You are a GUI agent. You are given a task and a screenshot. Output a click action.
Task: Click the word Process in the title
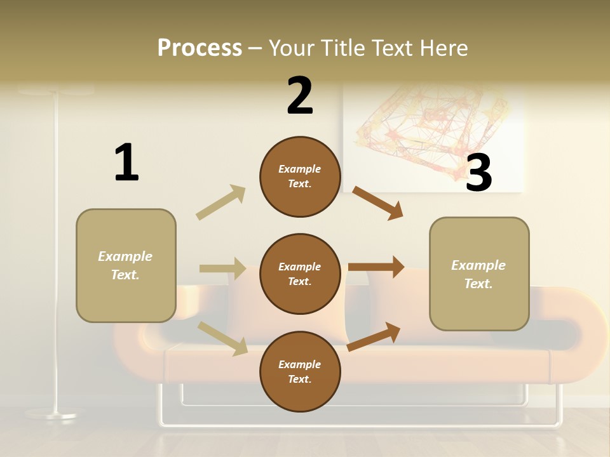point(200,48)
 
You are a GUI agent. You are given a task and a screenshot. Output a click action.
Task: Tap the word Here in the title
point(442,48)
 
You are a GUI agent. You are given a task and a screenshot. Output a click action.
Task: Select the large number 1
point(126,162)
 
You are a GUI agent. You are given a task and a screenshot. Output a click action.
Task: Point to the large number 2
point(300,96)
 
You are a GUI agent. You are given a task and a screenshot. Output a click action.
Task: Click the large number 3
point(479,173)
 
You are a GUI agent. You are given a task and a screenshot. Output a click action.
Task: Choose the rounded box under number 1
point(126,265)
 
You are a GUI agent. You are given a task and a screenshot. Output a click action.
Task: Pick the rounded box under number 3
point(479,274)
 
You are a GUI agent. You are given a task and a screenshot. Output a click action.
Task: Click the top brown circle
point(300,176)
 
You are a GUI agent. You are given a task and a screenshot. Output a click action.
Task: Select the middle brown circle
point(300,274)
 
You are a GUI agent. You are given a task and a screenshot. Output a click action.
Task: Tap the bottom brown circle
point(300,372)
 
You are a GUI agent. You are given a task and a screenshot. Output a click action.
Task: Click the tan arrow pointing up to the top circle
point(221,202)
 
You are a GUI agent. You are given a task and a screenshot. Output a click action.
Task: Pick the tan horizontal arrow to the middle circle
point(222,268)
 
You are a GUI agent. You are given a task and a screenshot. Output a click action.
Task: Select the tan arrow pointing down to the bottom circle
point(223,338)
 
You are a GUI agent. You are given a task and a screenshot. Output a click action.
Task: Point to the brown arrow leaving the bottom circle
point(374,336)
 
